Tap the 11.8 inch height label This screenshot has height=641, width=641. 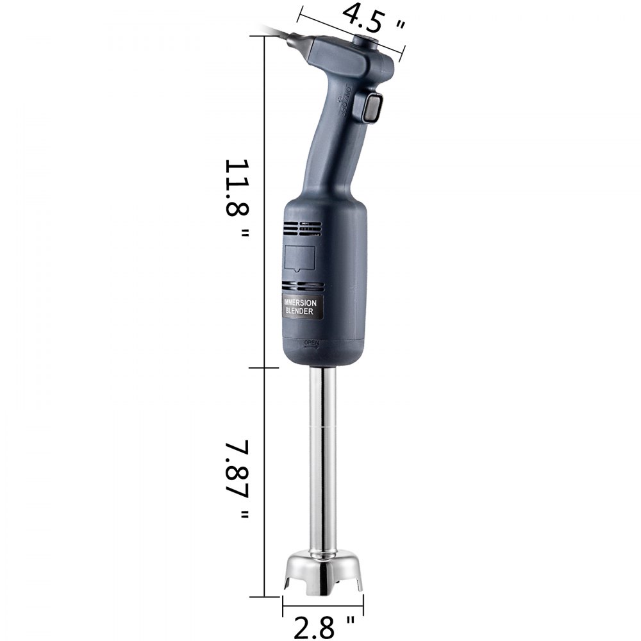(x=236, y=199)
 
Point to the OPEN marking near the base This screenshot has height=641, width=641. (x=312, y=342)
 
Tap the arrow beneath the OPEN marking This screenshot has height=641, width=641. (x=312, y=348)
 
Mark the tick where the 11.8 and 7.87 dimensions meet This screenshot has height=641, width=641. (x=264, y=368)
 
